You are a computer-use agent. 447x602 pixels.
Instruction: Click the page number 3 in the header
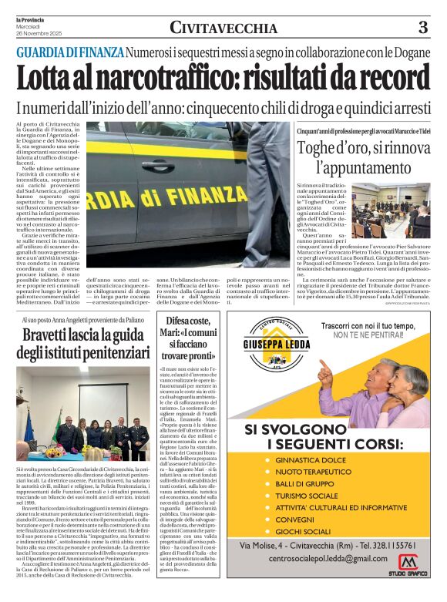(423, 28)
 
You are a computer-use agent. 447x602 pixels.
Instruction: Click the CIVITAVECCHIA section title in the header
(223, 29)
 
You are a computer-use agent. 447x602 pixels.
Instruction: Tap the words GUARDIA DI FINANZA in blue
(70, 52)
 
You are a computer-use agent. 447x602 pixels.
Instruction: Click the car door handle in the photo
(157, 164)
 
